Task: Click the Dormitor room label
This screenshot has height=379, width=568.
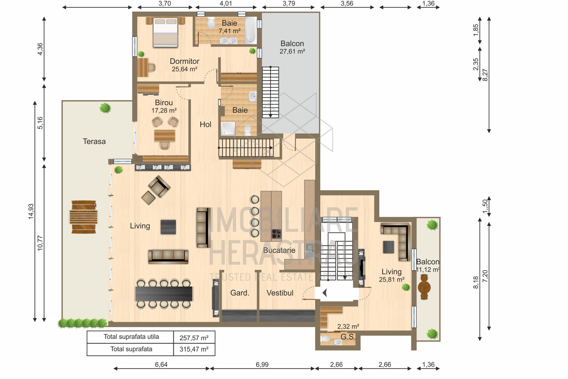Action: [184, 61]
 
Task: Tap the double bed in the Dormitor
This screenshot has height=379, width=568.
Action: [166, 32]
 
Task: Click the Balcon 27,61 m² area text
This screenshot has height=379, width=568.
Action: [292, 52]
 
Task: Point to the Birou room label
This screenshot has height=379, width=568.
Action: [164, 103]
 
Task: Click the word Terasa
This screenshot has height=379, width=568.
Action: [94, 141]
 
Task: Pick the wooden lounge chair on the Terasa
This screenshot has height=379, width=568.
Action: [84, 217]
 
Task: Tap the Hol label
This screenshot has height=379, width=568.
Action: [205, 124]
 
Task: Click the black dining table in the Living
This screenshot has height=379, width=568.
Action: [164, 294]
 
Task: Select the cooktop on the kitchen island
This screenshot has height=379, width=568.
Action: [276, 234]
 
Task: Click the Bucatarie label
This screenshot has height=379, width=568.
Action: [279, 250]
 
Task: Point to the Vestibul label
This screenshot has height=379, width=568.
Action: [280, 293]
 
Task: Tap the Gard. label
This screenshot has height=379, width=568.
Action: [240, 293]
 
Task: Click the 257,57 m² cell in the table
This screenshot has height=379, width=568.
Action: [194, 338]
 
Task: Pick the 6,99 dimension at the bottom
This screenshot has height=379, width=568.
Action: [262, 365]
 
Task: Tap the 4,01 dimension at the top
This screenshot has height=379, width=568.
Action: [226, 3]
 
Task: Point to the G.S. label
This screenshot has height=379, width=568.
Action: [348, 337]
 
